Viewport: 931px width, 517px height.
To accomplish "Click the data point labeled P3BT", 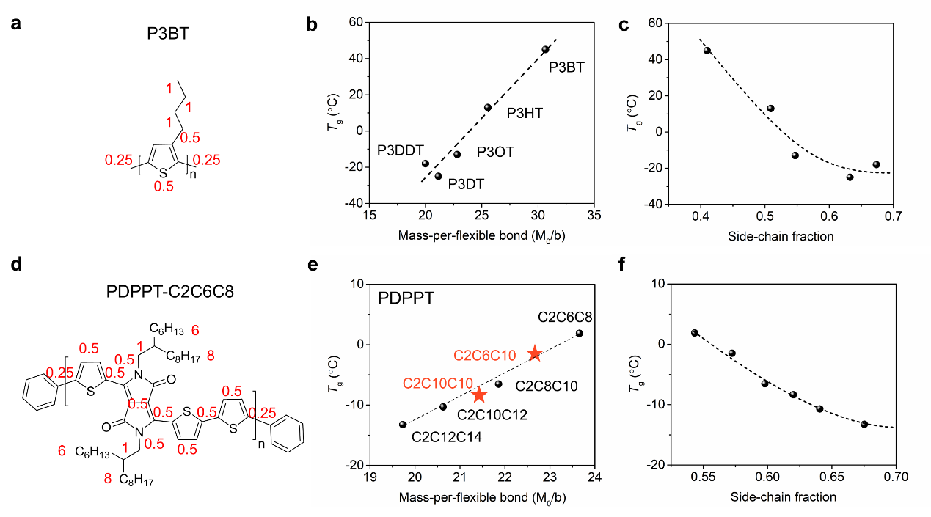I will [545, 49].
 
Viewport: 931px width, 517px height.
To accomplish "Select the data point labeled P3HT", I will [488, 107].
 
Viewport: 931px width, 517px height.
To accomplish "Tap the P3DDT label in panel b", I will [401, 150].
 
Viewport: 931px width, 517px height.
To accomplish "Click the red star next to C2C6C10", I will [535, 353].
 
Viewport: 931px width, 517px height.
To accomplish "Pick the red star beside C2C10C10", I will [479, 395].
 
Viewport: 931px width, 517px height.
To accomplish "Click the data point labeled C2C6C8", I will [580, 333].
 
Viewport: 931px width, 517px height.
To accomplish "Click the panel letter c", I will [624, 26].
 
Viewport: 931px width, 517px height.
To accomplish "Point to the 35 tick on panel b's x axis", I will [594, 216].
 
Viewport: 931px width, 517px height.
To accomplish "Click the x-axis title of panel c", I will [783, 237].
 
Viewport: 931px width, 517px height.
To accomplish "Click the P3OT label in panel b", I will [495, 153].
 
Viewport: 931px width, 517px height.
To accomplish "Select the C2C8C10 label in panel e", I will [546, 386].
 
